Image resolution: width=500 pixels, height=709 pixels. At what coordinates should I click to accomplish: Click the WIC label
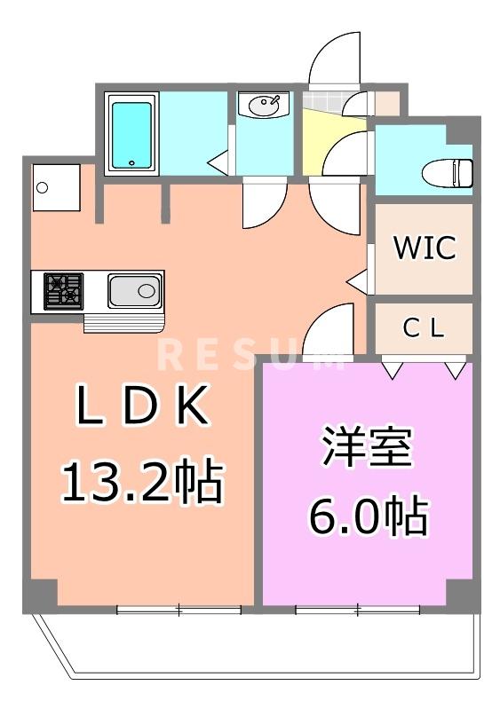[425, 248]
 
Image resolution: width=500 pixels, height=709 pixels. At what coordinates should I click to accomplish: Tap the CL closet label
[423, 328]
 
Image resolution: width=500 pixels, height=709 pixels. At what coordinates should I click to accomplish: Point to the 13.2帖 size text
[141, 482]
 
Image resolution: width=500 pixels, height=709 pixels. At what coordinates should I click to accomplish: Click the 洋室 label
[367, 450]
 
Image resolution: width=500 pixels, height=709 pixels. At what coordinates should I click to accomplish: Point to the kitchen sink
[135, 291]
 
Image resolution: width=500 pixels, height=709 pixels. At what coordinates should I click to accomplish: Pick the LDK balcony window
[179, 609]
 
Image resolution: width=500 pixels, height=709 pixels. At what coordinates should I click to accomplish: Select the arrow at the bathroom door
[216, 162]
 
